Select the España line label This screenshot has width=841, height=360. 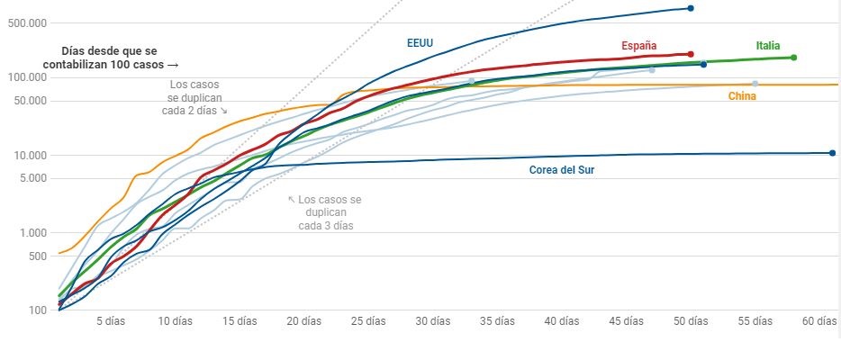point(638,46)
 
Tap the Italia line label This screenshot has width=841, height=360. point(768,46)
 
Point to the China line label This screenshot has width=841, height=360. point(742,96)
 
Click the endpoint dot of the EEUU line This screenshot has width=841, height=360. point(691,8)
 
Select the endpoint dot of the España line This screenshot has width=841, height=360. point(690,54)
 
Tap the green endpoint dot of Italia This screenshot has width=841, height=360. point(793,58)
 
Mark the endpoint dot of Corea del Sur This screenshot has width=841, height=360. point(832,153)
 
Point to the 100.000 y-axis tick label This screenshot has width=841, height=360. point(32,77)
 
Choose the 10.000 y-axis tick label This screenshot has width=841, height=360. point(35,155)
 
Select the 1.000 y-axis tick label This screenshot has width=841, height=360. point(38,233)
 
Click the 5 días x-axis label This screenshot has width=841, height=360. point(111,320)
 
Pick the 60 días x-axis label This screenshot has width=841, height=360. point(820,320)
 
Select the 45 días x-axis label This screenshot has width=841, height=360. point(627,320)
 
